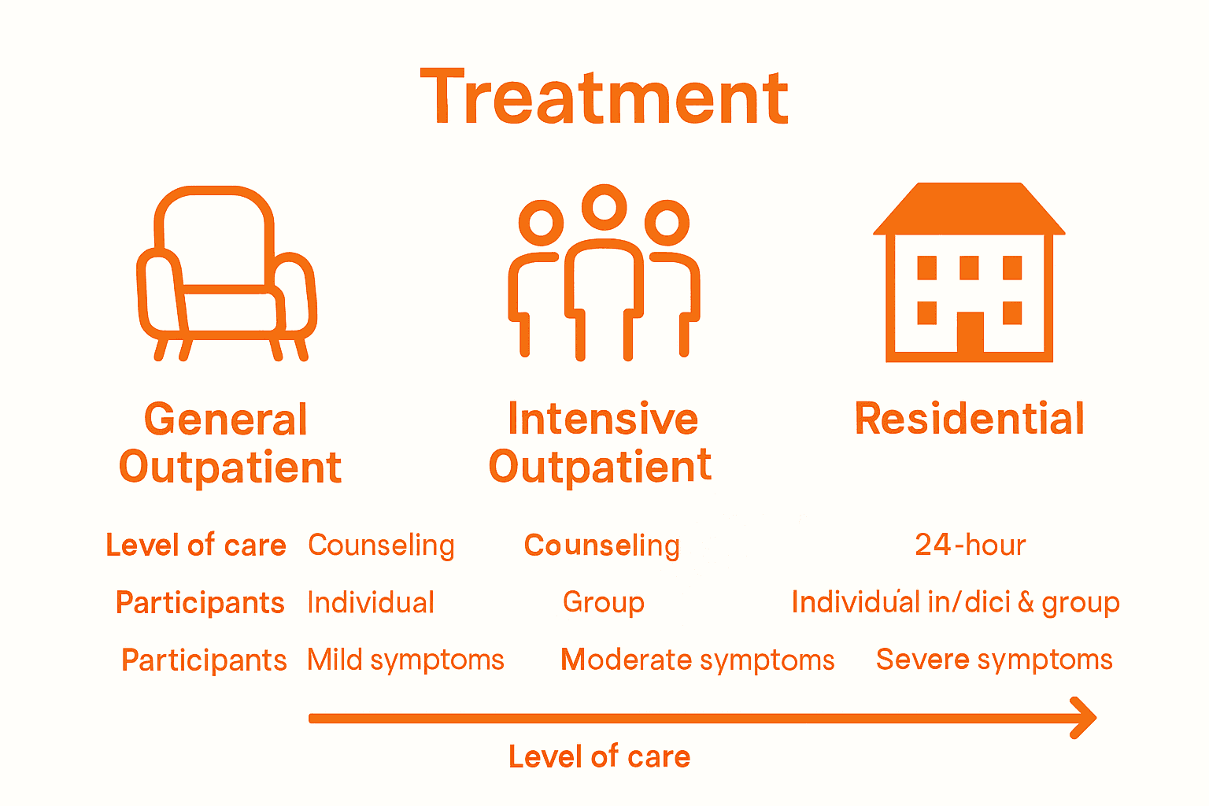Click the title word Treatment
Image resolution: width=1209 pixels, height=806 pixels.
[604, 98]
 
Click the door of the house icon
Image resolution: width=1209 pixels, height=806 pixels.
[970, 332]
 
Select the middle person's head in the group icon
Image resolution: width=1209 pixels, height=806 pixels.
[604, 206]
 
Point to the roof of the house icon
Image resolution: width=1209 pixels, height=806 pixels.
[969, 209]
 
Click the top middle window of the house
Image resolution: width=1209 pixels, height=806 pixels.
[969, 268]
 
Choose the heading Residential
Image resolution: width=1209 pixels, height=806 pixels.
[969, 419]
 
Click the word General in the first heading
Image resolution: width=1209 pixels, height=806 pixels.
[226, 420]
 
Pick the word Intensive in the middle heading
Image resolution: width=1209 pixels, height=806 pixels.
[603, 419]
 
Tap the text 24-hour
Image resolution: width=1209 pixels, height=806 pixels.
[970, 545]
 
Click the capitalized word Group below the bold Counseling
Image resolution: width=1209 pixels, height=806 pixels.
[604, 603]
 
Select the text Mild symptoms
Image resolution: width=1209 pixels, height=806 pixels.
[405, 660]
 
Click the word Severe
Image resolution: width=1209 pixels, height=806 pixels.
[922, 660]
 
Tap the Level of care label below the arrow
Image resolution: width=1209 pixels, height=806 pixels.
[599, 756]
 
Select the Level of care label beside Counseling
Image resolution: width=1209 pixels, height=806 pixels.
[196, 545]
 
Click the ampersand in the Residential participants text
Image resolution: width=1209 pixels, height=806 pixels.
[1026, 602]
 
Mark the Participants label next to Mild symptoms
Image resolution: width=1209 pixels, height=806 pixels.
[204, 660]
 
